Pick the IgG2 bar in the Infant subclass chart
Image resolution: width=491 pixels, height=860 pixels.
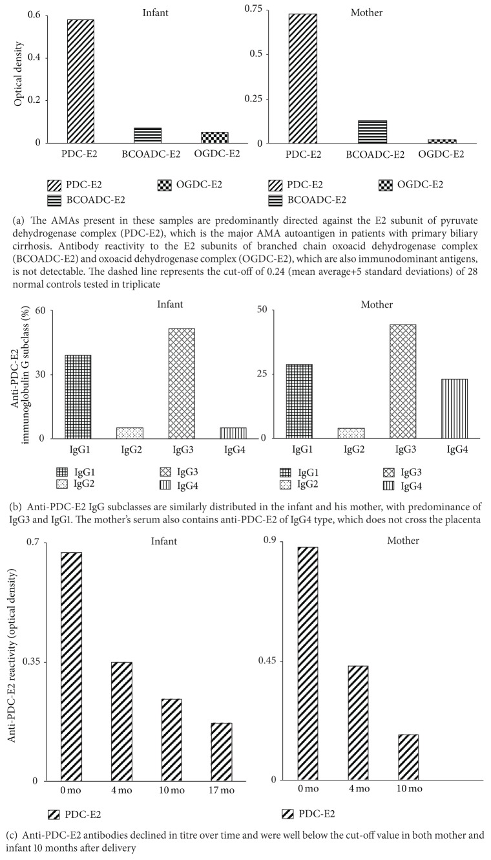point(130,433)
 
